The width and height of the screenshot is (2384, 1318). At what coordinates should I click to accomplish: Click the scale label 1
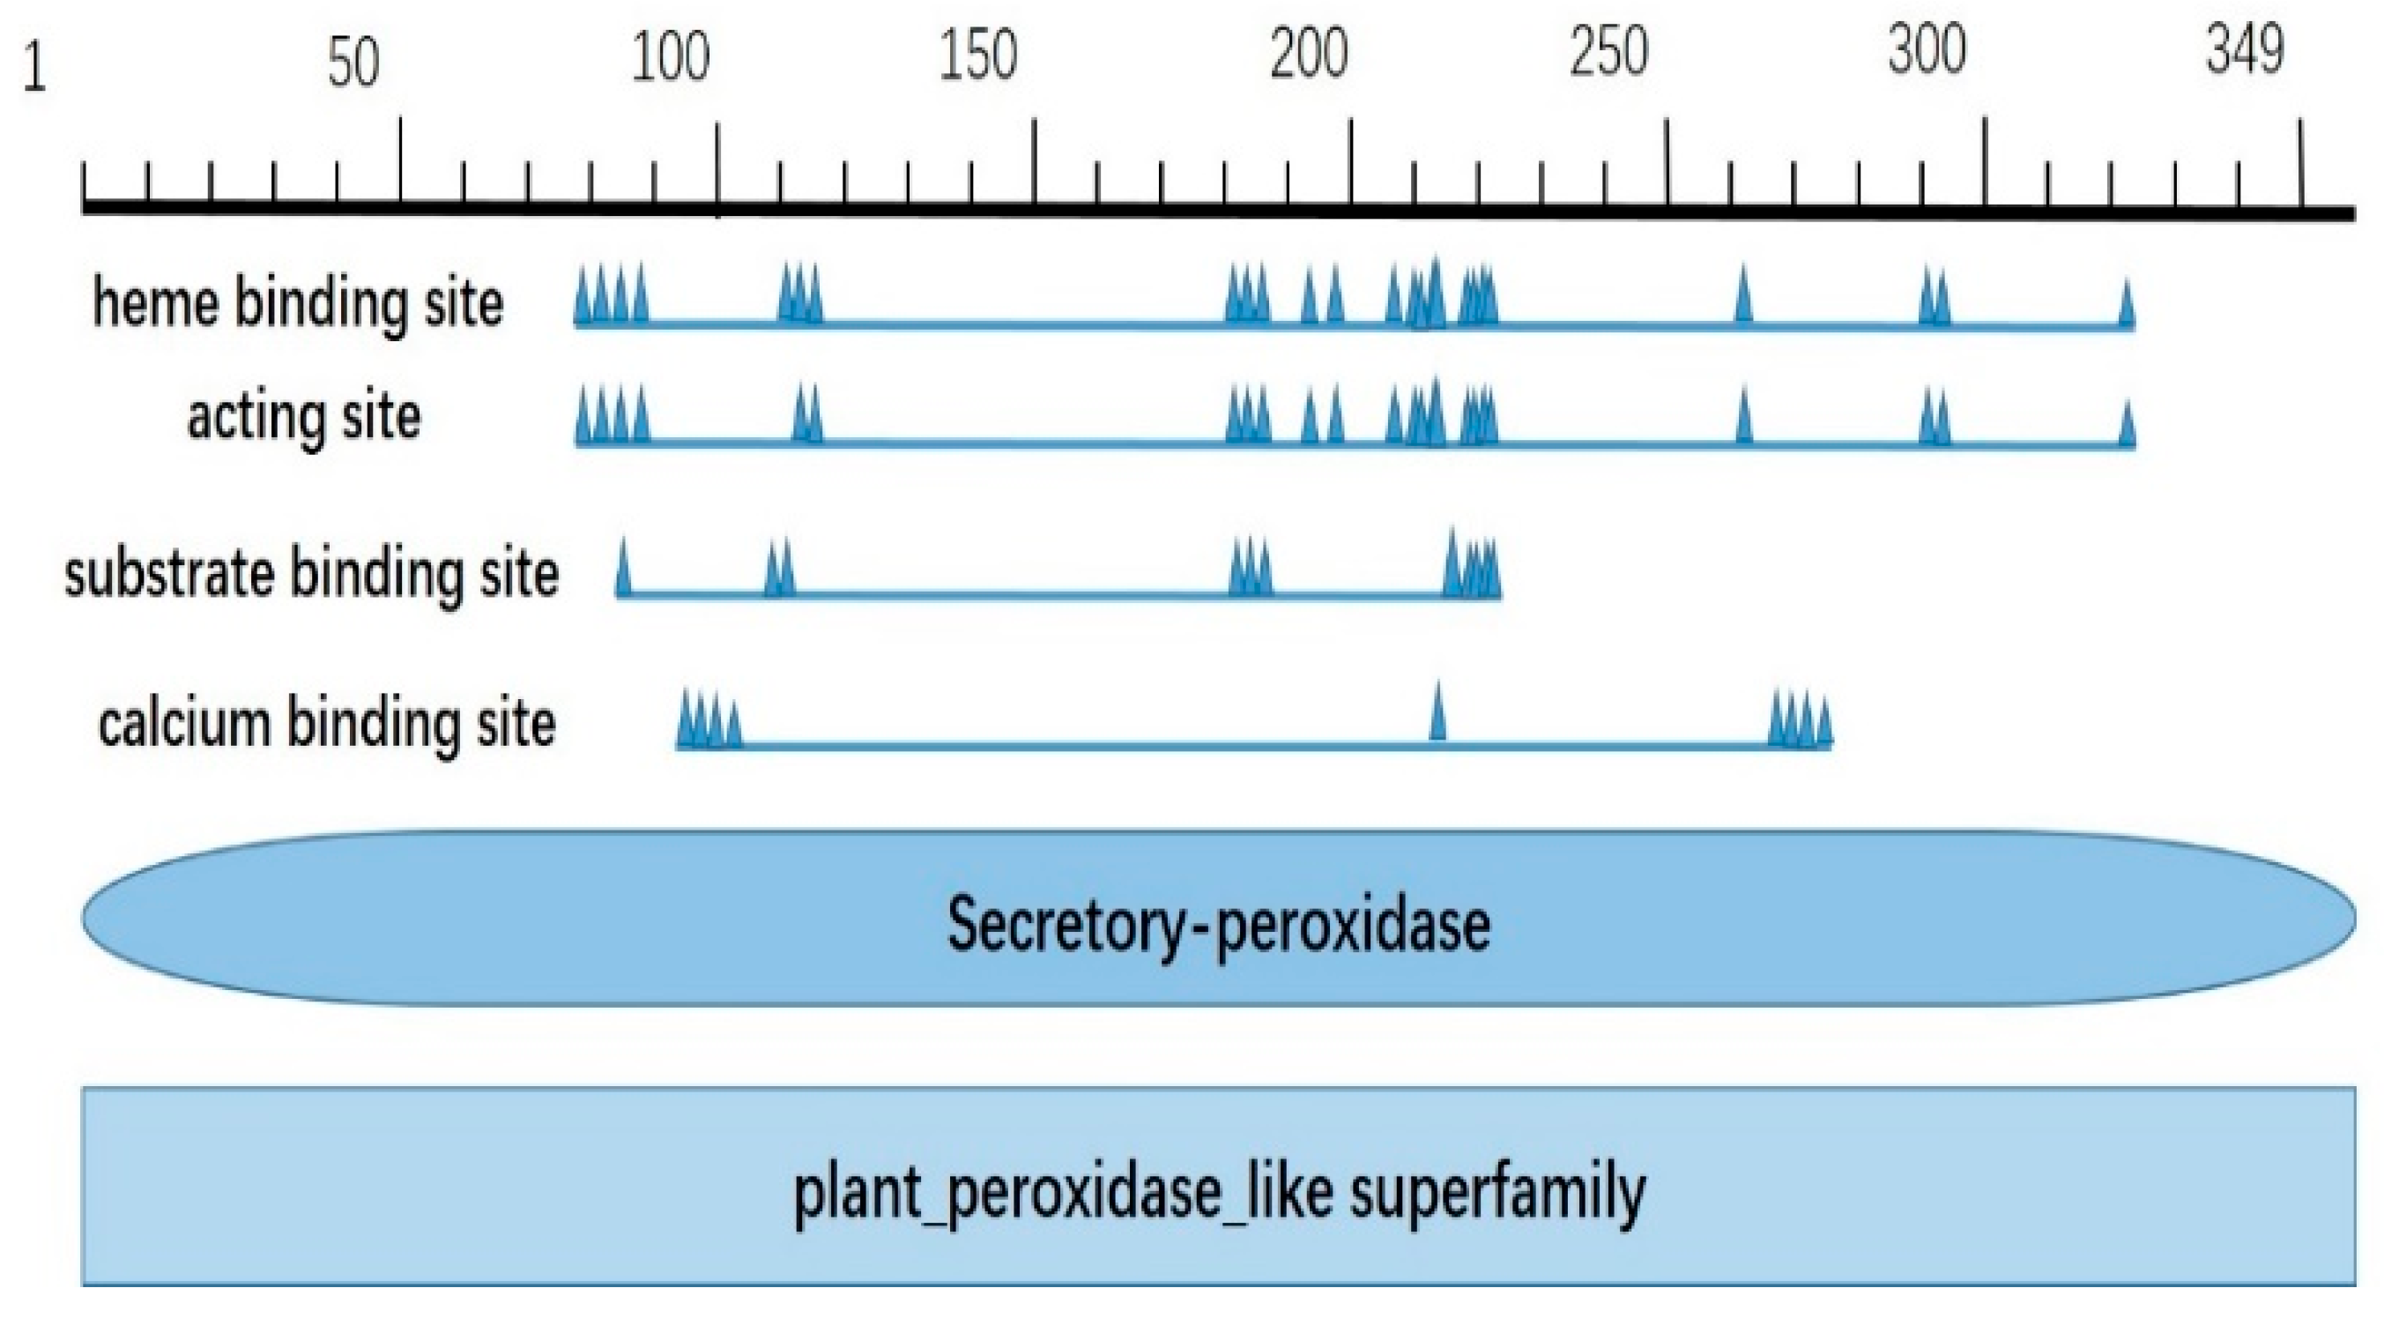coord(34,70)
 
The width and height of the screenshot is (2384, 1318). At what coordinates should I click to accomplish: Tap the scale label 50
coord(353,63)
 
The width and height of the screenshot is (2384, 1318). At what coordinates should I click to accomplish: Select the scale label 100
coord(670,57)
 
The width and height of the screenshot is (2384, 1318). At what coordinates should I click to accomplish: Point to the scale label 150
coord(978,56)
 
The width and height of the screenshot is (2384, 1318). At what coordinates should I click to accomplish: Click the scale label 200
coord(1309,54)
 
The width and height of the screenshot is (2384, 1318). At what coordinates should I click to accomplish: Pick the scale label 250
coord(1608,52)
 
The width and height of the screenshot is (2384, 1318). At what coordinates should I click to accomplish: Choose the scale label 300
coord(1927,50)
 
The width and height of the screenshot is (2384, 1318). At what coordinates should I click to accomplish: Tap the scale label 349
coord(2245,50)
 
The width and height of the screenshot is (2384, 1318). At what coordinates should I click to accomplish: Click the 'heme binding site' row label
coord(298,303)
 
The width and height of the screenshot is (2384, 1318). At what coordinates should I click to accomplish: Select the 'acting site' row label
coord(303,417)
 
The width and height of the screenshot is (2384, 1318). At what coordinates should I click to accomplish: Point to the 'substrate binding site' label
coord(312,575)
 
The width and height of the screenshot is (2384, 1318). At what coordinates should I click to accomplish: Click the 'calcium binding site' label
coord(327,724)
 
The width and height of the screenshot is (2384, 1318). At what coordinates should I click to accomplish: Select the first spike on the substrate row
coord(623,570)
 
